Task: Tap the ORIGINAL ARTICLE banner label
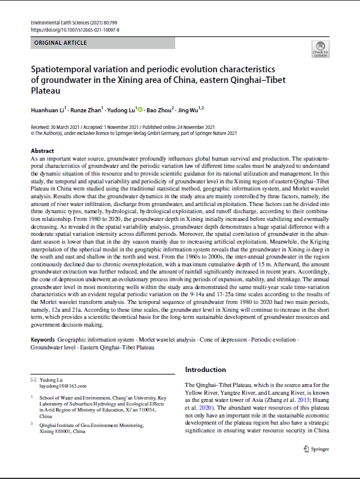(x=60, y=43)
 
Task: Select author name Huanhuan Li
(x=50, y=110)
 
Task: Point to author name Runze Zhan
(x=87, y=110)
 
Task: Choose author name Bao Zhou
(x=159, y=110)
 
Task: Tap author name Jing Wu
(x=190, y=110)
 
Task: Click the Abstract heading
(x=42, y=151)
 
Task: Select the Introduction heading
(x=205, y=370)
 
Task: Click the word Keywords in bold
(x=43, y=339)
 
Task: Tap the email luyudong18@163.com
(x=62, y=386)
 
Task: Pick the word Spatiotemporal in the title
(x=65, y=70)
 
